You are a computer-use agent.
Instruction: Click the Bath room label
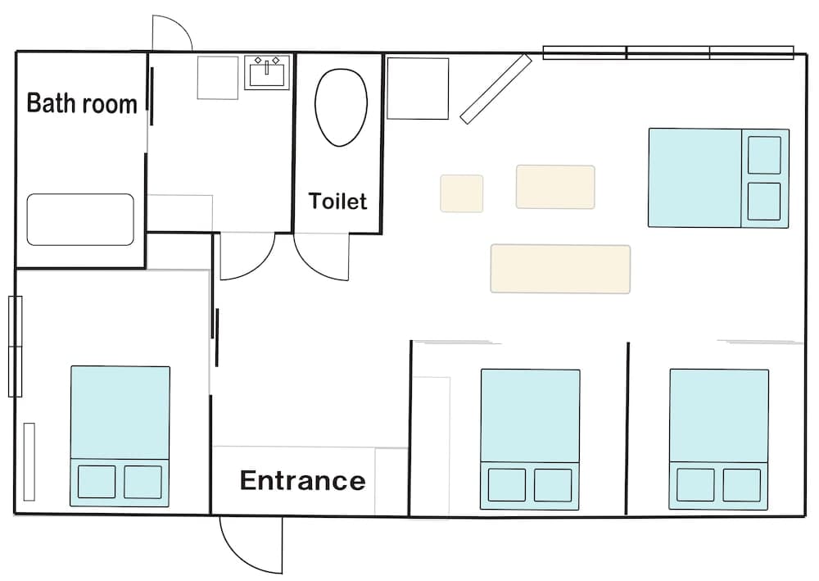[82, 104]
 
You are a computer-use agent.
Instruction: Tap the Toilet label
[337, 201]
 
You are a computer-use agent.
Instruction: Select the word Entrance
[302, 480]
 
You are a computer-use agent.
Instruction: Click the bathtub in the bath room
[80, 219]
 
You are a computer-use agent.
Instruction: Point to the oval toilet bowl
[341, 107]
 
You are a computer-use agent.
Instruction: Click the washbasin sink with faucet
[268, 73]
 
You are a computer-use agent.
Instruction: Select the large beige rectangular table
[560, 269]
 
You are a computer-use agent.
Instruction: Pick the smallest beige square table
[461, 193]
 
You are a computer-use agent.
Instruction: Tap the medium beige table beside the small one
[555, 187]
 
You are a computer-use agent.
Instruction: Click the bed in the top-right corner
[718, 178]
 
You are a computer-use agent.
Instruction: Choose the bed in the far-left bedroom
[120, 435]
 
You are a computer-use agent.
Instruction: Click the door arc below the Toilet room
[321, 257]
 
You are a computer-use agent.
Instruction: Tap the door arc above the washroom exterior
[172, 33]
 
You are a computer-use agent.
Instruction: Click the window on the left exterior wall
[15, 347]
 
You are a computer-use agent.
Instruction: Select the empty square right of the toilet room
[418, 89]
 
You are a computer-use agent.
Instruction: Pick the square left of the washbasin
[218, 78]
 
